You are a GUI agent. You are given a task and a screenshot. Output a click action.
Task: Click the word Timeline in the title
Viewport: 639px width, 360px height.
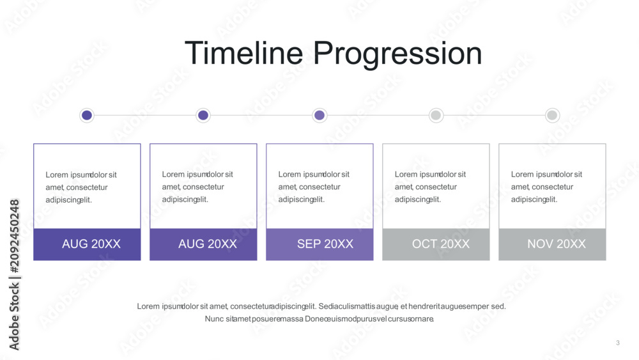click(243, 53)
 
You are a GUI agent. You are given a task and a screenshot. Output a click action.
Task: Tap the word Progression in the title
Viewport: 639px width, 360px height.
click(397, 54)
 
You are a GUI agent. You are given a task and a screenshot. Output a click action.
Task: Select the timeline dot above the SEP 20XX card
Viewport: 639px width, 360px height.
click(319, 115)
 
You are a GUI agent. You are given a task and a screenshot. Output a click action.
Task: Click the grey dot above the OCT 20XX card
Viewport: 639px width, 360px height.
click(436, 115)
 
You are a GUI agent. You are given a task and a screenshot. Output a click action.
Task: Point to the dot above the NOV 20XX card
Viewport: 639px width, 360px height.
click(552, 115)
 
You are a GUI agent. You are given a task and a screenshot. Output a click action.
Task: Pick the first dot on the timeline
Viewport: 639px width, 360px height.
click(87, 115)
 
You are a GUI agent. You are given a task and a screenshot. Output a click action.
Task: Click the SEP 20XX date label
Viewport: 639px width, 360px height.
click(325, 244)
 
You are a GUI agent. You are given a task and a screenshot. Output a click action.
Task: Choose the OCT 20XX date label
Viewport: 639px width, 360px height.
click(440, 244)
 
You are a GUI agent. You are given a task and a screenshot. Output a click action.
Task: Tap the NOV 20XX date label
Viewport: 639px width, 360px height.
click(557, 244)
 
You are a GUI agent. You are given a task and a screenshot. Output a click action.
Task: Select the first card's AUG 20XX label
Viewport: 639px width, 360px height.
click(91, 244)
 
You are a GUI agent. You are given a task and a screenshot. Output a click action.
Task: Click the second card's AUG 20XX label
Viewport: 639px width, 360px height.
click(208, 244)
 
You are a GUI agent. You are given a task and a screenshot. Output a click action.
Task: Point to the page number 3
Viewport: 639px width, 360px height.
click(618, 343)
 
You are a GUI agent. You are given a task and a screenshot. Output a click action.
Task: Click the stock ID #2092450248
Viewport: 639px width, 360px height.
click(14, 237)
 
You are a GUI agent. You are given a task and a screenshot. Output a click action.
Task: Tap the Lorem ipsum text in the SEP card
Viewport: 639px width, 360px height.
click(314, 187)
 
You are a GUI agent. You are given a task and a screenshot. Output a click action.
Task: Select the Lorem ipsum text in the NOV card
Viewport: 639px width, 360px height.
click(546, 187)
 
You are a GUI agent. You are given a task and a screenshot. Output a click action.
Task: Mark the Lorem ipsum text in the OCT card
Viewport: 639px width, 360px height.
click(430, 187)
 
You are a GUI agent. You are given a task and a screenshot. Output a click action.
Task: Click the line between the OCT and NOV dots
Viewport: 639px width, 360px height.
click(494, 115)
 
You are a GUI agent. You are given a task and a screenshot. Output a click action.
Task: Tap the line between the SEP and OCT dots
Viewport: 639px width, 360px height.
click(378, 115)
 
